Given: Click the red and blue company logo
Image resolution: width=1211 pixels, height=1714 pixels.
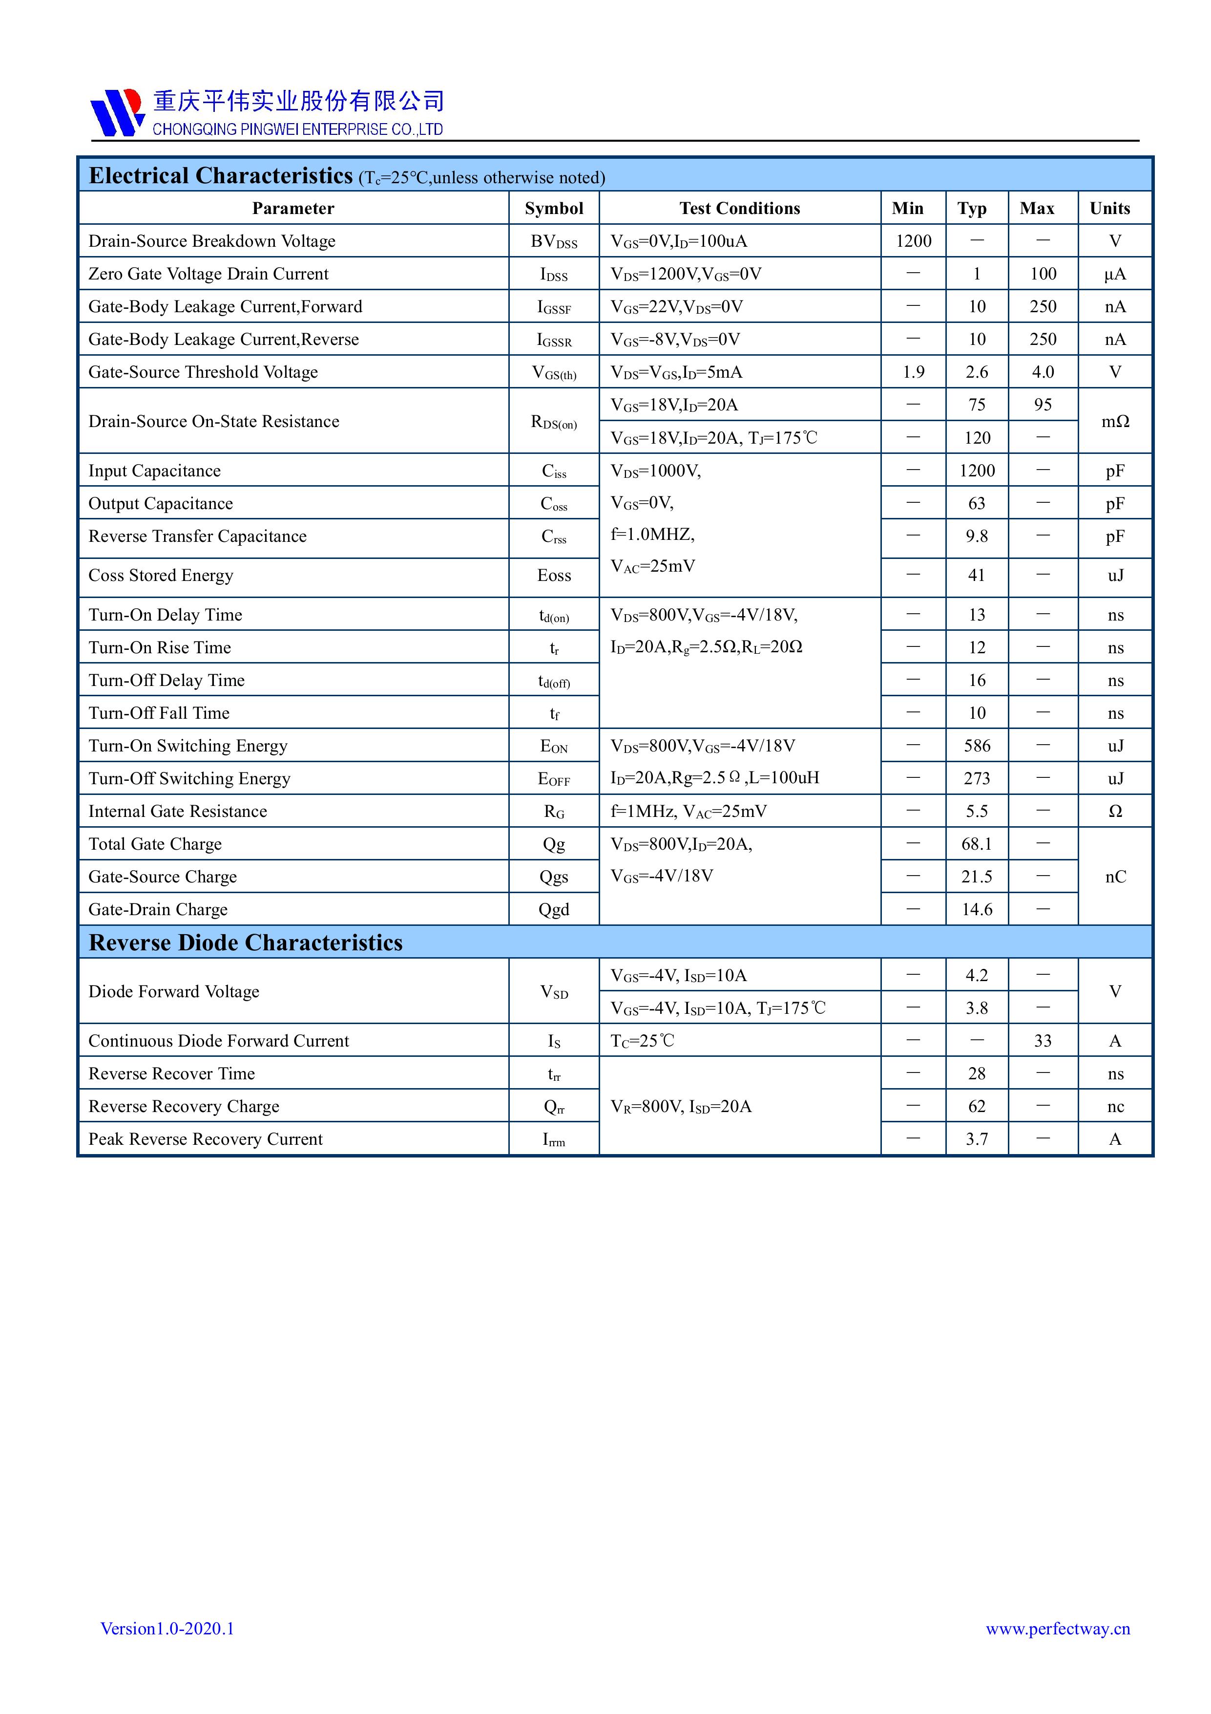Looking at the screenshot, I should tap(116, 113).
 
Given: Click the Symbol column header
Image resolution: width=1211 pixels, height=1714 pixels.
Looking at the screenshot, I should tap(554, 208).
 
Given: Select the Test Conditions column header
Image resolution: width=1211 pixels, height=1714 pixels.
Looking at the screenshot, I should tap(739, 208).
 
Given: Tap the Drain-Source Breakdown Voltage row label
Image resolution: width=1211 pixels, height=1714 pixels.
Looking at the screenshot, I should tap(212, 241).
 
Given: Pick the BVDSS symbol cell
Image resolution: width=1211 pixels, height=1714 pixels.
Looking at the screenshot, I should tap(554, 242).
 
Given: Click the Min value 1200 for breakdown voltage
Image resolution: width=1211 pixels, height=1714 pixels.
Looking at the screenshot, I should tap(913, 241).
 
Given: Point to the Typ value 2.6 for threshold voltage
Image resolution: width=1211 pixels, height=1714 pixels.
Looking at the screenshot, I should tap(977, 372).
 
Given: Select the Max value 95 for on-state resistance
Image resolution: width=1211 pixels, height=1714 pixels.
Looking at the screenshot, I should tap(1043, 405).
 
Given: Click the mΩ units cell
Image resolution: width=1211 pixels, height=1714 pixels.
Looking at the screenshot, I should tap(1115, 421).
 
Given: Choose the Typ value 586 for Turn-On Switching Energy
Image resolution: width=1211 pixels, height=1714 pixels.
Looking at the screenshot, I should tap(977, 746).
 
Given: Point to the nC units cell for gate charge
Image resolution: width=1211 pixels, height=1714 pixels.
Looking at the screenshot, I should tap(1115, 877).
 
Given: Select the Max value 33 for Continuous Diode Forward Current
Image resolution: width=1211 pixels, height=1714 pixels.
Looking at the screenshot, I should tap(1043, 1041).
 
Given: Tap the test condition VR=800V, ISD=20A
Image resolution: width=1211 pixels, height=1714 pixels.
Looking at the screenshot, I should tap(681, 1106).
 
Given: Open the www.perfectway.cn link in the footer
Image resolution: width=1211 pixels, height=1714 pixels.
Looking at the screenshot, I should tap(1057, 1628).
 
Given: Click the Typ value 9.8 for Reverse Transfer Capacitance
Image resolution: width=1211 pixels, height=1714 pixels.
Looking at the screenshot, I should tap(977, 536).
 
